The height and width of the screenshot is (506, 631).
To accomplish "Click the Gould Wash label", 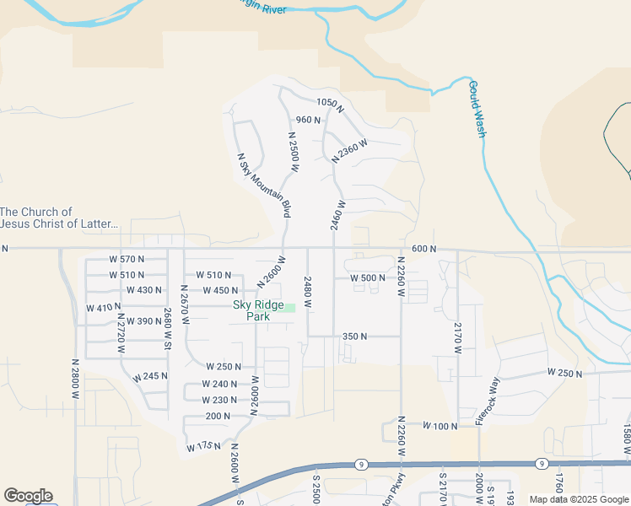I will point(477,109).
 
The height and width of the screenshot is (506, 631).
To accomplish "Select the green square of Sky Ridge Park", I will point(289,308).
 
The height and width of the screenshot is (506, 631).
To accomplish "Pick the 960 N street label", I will point(308,120).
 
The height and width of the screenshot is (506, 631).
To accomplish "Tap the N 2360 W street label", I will point(349,149).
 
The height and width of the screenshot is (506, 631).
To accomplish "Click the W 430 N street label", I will point(143,290).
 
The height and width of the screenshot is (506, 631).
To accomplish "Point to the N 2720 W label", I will point(121,335).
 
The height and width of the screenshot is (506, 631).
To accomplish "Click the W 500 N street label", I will point(368,277).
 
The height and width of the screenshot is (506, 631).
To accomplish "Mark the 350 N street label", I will point(354,336).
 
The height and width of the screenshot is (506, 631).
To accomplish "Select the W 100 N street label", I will point(439,427).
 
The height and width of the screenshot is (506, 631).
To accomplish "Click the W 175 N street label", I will point(204,445).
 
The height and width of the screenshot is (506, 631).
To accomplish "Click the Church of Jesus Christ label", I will point(59,218).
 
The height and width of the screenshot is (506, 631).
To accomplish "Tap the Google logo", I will point(28,496).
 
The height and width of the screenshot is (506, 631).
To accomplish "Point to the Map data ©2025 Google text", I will point(578,499).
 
